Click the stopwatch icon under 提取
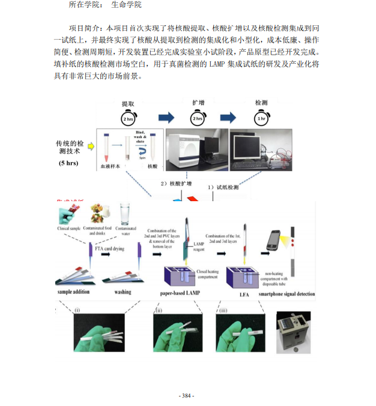click(x=129, y=117)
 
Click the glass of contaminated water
click(x=126, y=214)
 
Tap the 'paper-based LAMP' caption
click(x=175, y=293)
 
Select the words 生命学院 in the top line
click(x=126, y=5)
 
